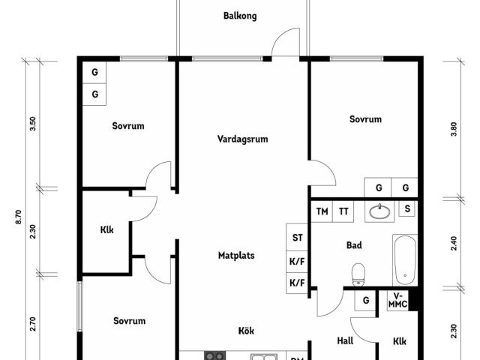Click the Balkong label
click(240, 16)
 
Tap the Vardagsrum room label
click(243, 139)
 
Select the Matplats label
click(236, 255)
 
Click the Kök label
click(246, 331)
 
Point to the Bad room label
click(354, 245)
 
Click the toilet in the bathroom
click(358, 275)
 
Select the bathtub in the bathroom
click(405, 260)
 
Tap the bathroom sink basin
click(380, 211)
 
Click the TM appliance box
click(322, 211)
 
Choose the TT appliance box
click(343, 211)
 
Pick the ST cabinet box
click(297, 237)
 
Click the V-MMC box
click(398, 300)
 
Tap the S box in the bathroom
click(407, 208)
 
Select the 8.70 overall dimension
click(19, 217)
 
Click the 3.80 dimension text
click(454, 129)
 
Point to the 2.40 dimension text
click(454, 243)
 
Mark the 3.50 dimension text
click(33, 124)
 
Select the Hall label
click(345, 340)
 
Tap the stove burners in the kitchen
click(215, 355)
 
